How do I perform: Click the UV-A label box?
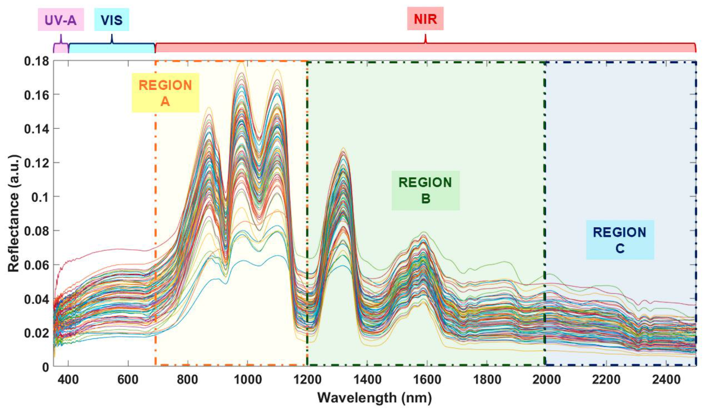click(x=61, y=20)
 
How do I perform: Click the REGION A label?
click(x=165, y=93)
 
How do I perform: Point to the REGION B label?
click(x=425, y=190)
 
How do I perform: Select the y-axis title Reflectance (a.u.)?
click(x=13, y=213)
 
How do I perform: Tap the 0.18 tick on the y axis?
click(x=36, y=61)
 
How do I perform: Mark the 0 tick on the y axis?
click(x=46, y=367)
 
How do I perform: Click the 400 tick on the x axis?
click(x=68, y=380)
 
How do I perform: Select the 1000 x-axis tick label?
click(x=247, y=380)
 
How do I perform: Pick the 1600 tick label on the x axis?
click(x=427, y=380)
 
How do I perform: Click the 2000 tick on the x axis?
click(x=546, y=380)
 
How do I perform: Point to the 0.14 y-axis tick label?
click(x=36, y=129)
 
